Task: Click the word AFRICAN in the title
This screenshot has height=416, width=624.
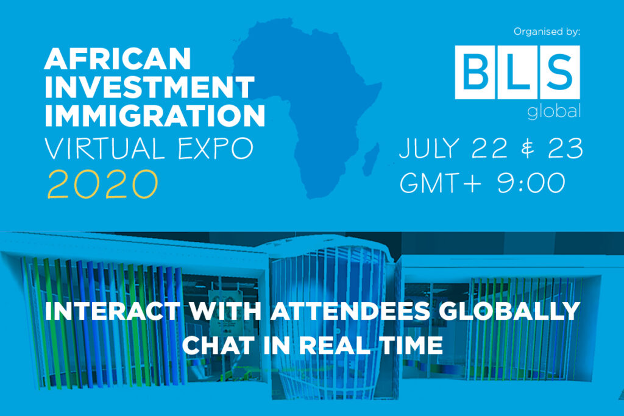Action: click(x=118, y=59)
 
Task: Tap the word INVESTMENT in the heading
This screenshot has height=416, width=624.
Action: click(x=150, y=87)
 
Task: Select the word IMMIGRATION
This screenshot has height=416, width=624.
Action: click(x=155, y=115)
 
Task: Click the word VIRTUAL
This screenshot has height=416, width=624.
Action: click(x=105, y=149)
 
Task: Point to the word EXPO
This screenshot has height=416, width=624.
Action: click(x=215, y=149)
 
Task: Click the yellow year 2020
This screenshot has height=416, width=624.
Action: click(x=102, y=184)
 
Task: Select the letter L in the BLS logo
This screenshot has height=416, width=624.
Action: click(x=517, y=72)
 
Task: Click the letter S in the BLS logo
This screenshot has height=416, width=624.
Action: click(x=559, y=72)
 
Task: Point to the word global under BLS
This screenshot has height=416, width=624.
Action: click(x=554, y=111)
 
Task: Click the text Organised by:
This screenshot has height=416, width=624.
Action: click(x=547, y=32)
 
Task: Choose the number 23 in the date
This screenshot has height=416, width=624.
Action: click(x=565, y=148)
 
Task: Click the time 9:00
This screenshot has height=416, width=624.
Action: click(x=531, y=183)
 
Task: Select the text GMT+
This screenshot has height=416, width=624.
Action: click(x=441, y=183)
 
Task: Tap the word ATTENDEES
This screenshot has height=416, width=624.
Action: click(x=350, y=311)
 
